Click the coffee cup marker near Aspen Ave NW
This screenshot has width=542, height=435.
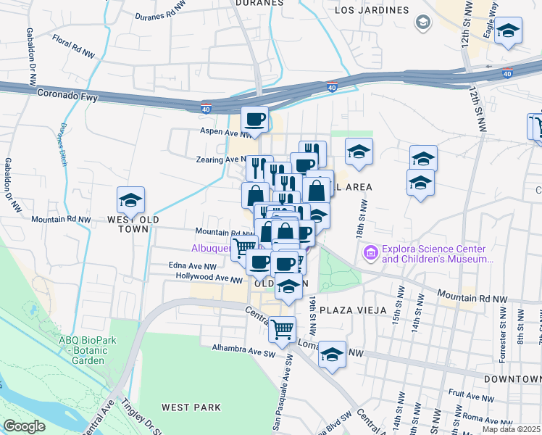pos(254,119)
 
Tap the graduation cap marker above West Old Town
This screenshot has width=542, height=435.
pos(130,199)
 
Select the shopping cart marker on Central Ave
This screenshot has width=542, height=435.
pos(282,328)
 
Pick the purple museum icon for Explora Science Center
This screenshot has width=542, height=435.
pos(371,253)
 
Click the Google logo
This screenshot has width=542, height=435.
pos(24,426)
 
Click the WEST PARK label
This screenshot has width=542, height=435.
pos(191,407)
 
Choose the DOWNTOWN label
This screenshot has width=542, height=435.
pos(513,379)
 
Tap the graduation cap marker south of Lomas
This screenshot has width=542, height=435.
pos(332,355)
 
